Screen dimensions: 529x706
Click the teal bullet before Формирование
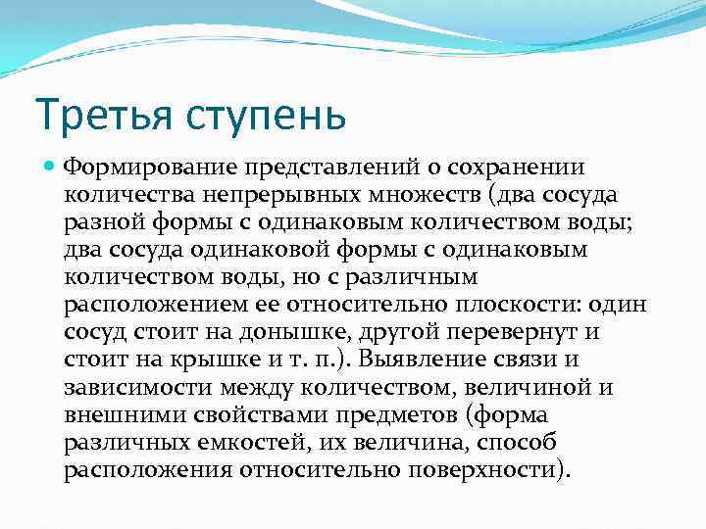pyautogui.click(x=52, y=167)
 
